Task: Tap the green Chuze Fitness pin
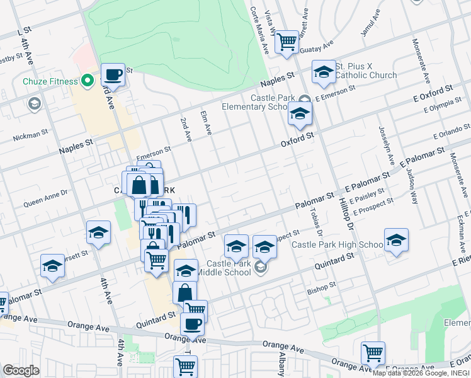pos(88,81)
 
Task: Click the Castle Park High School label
pos(337,244)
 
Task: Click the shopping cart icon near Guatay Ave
pos(287,42)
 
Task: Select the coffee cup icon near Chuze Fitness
pos(113,74)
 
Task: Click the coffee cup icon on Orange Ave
pos(191,324)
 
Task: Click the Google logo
pos(21,370)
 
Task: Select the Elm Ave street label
pos(205,122)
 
